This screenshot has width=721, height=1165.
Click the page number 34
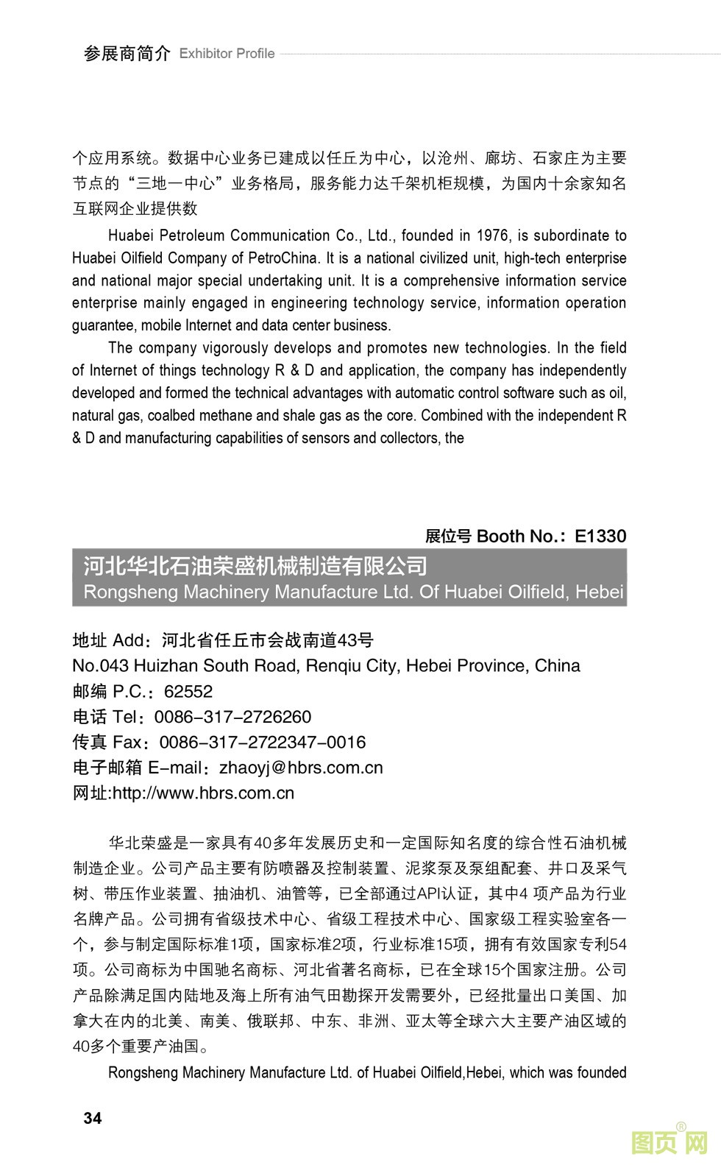click(x=93, y=1118)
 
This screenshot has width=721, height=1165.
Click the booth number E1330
click(x=600, y=536)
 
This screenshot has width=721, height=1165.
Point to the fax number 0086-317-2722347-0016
click(x=263, y=742)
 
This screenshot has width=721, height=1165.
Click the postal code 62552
click(x=188, y=691)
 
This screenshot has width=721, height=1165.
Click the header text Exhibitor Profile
click(x=227, y=54)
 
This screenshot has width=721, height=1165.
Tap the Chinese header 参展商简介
click(x=127, y=54)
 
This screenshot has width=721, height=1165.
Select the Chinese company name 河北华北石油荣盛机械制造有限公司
click(x=255, y=566)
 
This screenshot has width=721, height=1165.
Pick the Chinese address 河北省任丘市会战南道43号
click(x=268, y=640)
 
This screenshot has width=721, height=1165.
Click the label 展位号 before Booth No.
click(x=448, y=536)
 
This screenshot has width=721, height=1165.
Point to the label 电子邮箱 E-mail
click(x=138, y=768)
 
